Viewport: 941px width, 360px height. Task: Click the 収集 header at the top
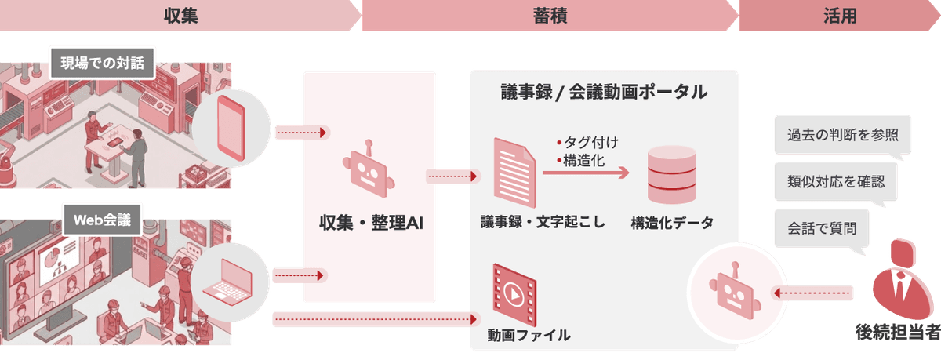180,16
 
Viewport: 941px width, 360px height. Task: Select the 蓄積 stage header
550,16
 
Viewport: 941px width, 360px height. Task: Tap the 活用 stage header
840,16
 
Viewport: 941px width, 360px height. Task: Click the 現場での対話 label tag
103,63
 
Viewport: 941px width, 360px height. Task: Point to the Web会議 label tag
103,220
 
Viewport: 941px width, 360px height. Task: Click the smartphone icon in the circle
231,128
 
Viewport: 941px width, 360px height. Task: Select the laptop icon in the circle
227,282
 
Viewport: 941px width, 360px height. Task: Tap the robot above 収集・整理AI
369,169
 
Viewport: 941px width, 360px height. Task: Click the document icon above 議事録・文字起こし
514,173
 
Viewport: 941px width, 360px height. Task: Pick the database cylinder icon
672,175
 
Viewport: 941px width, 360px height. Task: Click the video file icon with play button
514,295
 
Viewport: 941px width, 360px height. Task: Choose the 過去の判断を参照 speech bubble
842,135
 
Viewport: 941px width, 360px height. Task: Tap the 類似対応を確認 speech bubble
836,182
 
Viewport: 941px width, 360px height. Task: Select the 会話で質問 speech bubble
822,228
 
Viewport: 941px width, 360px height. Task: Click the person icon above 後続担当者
903,280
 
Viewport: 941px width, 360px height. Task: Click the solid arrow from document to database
586,173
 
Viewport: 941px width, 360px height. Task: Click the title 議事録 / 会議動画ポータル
604,92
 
